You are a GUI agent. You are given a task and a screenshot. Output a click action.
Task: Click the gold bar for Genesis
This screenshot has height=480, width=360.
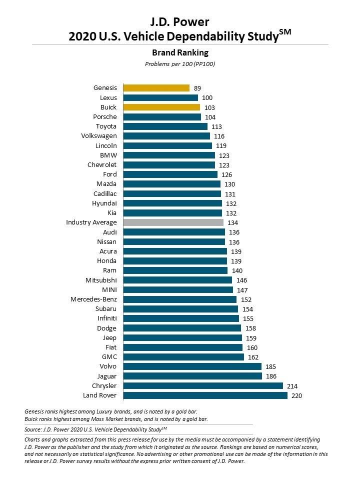click(156, 88)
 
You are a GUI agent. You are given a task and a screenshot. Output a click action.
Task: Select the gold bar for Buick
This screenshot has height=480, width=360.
click(161, 107)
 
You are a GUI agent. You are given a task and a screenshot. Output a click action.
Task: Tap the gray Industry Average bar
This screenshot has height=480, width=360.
click(173, 222)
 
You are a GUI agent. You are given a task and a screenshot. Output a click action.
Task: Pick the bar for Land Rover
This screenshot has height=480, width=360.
click(205, 395)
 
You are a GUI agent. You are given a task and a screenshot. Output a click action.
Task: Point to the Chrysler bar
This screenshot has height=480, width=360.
click(203, 386)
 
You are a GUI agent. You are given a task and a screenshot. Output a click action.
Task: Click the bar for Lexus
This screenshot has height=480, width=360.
click(160, 97)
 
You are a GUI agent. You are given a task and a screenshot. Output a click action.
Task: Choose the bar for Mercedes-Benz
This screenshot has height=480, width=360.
click(179, 299)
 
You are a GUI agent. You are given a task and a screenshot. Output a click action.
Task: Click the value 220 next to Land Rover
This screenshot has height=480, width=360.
click(297, 396)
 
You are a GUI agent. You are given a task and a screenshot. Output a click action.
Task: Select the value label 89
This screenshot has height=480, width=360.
click(197, 88)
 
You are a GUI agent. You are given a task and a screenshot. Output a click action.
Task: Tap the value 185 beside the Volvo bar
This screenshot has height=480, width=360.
click(271, 367)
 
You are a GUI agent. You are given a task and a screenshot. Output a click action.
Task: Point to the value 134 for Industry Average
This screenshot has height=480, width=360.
click(233, 223)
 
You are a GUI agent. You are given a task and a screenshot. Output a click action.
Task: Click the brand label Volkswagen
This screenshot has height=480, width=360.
click(98, 136)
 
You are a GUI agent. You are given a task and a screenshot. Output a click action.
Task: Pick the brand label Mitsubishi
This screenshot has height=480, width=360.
click(101, 280)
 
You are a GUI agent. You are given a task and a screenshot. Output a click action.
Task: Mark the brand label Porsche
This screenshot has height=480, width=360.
click(104, 117)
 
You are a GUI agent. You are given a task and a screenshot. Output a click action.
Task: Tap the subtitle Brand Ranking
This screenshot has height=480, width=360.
click(179, 52)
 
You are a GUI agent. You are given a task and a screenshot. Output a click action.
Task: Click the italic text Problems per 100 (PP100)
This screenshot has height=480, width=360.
click(179, 64)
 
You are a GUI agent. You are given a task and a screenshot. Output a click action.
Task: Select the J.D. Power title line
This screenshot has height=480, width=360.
click(179, 22)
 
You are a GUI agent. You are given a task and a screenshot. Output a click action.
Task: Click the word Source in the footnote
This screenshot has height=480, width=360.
click(34, 429)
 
